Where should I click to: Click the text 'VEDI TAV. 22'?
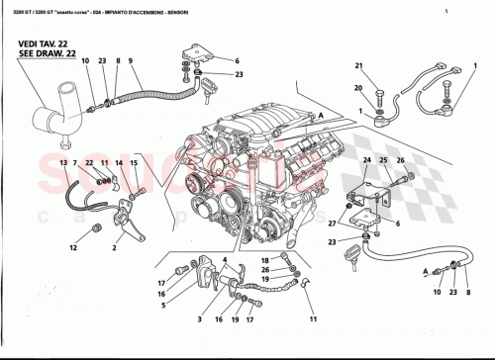click(41, 45)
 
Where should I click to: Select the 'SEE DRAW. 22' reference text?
click(42, 55)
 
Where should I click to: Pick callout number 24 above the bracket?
click(365, 159)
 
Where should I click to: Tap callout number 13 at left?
click(61, 161)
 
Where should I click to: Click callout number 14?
click(118, 161)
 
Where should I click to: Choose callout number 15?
click(134, 161)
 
